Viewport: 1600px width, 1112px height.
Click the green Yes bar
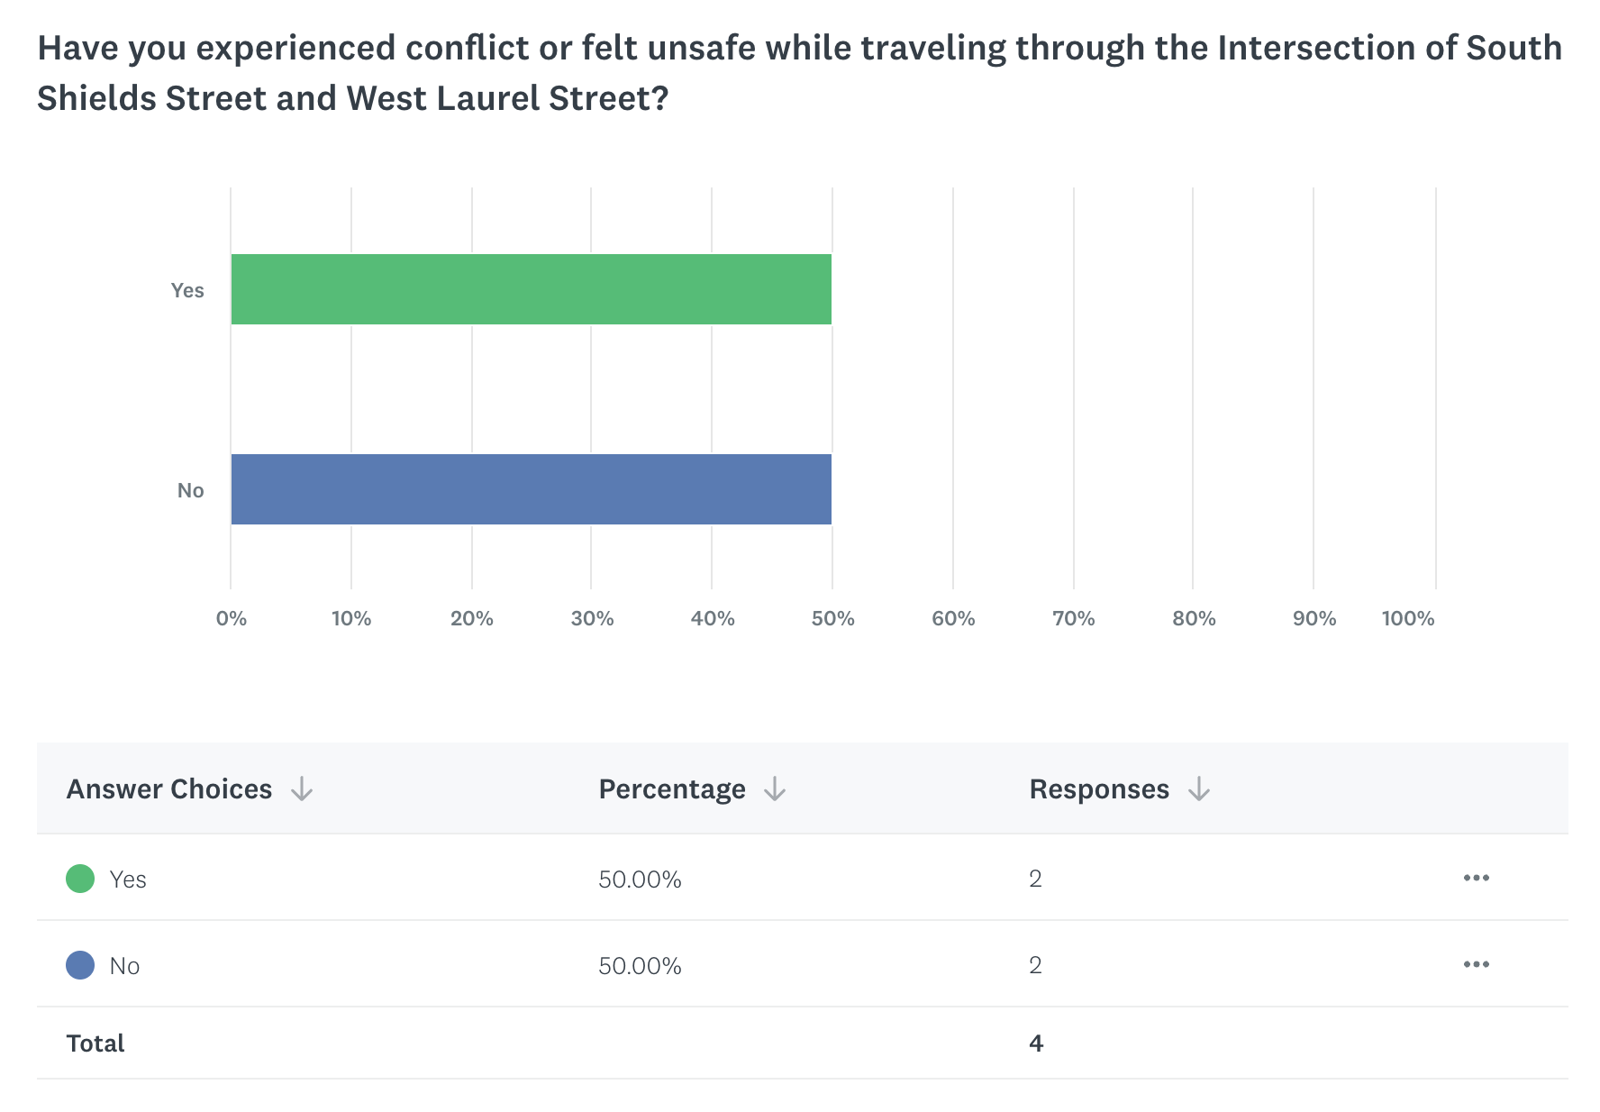(531, 289)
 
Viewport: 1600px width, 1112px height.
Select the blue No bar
(531, 489)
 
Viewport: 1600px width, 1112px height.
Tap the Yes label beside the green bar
(187, 290)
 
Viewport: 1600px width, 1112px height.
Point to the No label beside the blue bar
(190, 490)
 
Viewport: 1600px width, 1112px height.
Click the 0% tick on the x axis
(232, 618)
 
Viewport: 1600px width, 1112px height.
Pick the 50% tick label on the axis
(832, 618)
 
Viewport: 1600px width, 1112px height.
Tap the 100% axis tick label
(1407, 618)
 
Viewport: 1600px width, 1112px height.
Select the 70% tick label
(1073, 618)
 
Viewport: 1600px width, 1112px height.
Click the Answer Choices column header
(169, 789)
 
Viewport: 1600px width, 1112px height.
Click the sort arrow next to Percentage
(775, 790)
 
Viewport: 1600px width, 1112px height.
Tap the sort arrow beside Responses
(1198, 790)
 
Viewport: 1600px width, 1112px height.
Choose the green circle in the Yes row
(80, 879)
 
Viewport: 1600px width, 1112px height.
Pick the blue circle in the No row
(80, 965)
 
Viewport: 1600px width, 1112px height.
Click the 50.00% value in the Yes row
(640, 880)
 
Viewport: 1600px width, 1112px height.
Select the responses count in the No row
(1035, 965)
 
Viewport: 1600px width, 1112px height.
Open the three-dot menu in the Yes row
(1476, 878)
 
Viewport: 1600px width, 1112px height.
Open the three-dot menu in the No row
(1476, 964)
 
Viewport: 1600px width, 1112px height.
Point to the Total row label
(95, 1044)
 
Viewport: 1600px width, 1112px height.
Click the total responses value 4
(1036, 1044)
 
